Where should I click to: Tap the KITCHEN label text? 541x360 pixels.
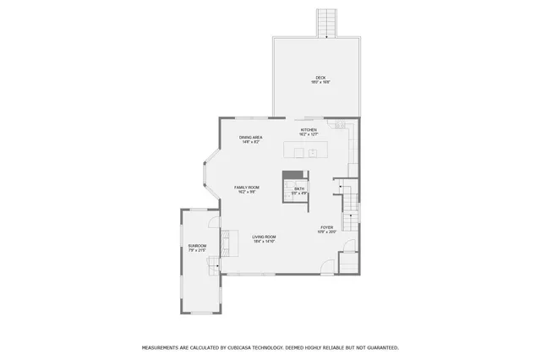tap(309, 129)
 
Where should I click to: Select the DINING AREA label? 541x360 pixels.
tap(249, 138)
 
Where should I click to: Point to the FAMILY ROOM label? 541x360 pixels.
tap(246, 187)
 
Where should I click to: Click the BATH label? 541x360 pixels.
tap(298, 189)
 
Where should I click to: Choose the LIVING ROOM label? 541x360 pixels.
tap(265, 237)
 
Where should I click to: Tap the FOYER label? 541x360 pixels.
tap(326, 227)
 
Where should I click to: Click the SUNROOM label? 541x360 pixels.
tap(197, 246)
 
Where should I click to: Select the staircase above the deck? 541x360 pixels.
tap(326, 23)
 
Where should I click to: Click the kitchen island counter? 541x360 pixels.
tap(307, 152)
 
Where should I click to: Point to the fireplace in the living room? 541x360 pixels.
tap(226, 242)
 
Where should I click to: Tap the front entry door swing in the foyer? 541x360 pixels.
tap(326, 269)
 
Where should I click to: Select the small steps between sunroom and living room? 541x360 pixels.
tap(214, 267)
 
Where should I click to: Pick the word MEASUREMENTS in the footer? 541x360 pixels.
tap(163, 347)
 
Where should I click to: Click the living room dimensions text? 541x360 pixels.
tap(265, 242)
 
